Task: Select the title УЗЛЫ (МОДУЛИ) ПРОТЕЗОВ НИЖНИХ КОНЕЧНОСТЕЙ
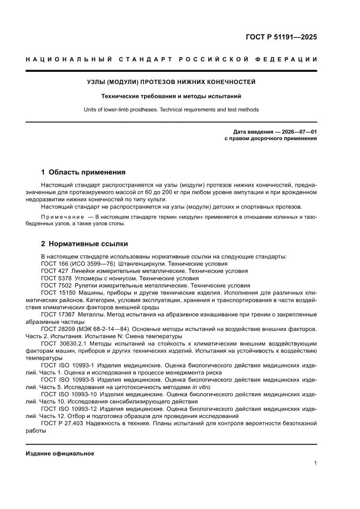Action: click(171, 82)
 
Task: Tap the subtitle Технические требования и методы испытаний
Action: click(171, 96)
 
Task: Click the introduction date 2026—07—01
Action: click(292, 131)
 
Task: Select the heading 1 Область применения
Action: click(83, 172)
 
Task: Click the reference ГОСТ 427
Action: click(54, 271)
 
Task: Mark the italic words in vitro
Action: click(201, 387)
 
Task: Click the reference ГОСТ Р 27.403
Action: click(61, 423)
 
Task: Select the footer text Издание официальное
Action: click(60, 453)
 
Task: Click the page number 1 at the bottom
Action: click(315, 463)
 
